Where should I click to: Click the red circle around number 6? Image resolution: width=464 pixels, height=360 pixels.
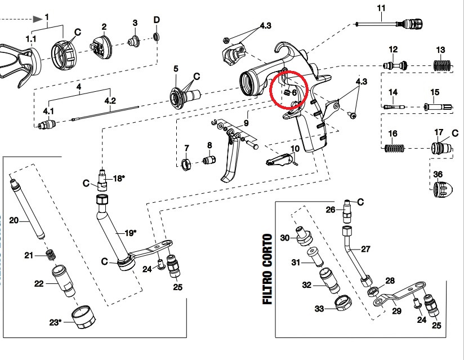click(x=289, y=90)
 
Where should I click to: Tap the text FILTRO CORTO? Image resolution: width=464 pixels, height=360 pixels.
click(x=267, y=269)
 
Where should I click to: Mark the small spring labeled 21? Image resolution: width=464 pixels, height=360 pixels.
click(x=51, y=255)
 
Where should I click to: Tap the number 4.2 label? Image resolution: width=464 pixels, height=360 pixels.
click(x=110, y=102)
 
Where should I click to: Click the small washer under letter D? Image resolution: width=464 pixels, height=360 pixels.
click(x=157, y=37)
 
